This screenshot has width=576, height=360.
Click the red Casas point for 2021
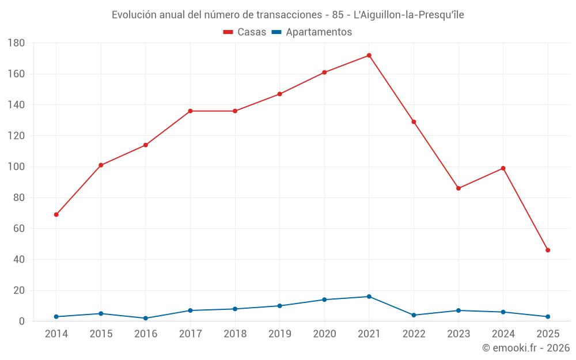pyautogui.click(x=369, y=55)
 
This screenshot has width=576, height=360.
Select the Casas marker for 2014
pyautogui.click(x=56, y=215)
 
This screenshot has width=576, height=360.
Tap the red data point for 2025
pyautogui.click(x=548, y=250)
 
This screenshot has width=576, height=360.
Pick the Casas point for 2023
pyautogui.click(x=458, y=188)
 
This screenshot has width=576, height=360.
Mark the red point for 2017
pyautogui.click(x=190, y=111)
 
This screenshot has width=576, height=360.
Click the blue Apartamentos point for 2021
pyautogui.click(x=369, y=297)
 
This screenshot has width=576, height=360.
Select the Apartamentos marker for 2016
pyautogui.click(x=145, y=318)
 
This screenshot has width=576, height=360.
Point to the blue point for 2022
pyautogui.click(x=414, y=315)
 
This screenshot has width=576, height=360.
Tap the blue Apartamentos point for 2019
pyautogui.click(x=279, y=306)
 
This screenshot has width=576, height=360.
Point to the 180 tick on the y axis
pyautogui.click(x=16, y=43)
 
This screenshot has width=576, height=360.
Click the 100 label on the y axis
pyautogui.click(x=16, y=167)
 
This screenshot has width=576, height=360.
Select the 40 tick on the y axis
pyautogui.click(x=18, y=260)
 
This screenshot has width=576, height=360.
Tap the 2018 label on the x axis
pyautogui.click(x=235, y=334)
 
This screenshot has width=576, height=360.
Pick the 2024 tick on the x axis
pyautogui.click(x=503, y=334)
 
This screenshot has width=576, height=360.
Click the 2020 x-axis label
pyautogui.click(x=324, y=334)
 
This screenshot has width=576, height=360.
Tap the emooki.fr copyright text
pyautogui.click(x=526, y=348)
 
